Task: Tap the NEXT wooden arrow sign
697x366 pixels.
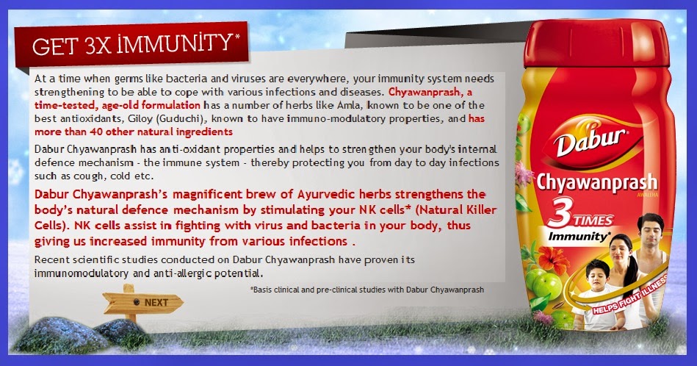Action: tap(143, 302)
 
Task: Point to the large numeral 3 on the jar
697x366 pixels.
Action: tap(561, 214)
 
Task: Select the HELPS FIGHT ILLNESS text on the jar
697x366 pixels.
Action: tap(630, 295)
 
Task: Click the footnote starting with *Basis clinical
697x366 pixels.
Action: tap(367, 290)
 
